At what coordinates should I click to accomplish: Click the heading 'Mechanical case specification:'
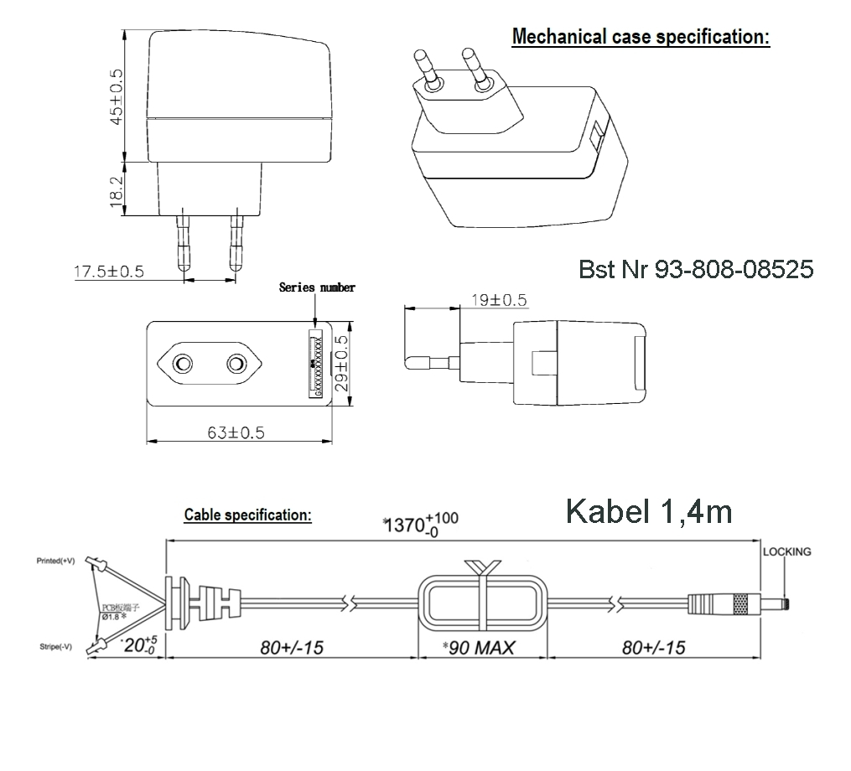click(640, 37)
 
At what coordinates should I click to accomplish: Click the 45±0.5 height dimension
click(117, 96)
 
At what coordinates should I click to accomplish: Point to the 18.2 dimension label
click(117, 191)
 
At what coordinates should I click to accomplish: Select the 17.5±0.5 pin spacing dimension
click(109, 272)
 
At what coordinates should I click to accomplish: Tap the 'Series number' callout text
click(316, 287)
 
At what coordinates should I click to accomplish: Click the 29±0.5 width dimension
click(340, 366)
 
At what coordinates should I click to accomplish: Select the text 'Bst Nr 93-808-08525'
click(696, 270)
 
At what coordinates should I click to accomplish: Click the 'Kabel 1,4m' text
click(649, 510)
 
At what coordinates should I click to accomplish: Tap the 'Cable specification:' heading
click(247, 515)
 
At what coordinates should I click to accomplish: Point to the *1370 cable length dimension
click(419, 524)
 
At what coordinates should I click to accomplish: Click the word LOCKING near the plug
click(786, 551)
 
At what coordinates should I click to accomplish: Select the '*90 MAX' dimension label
click(479, 647)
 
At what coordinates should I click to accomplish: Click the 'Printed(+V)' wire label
click(55, 560)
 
